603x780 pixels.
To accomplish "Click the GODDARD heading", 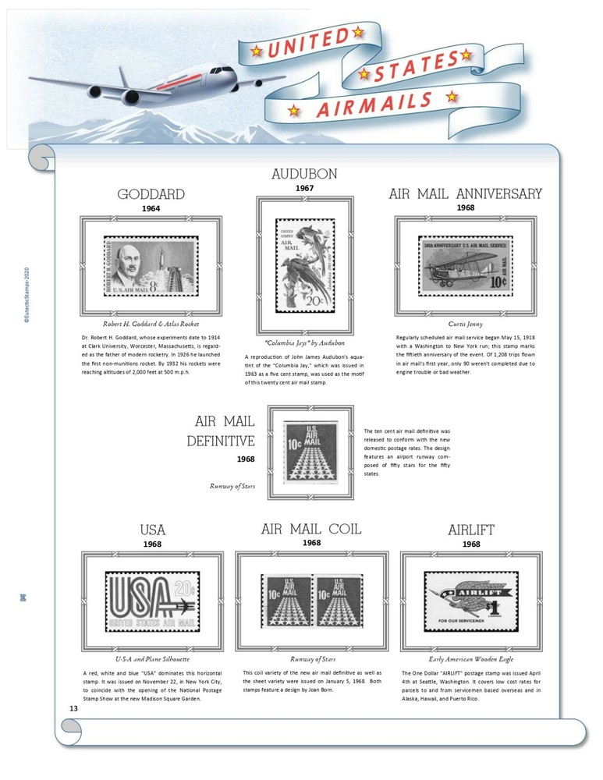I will (x=151, y=194).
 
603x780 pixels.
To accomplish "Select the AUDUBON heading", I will (x=305, y=174).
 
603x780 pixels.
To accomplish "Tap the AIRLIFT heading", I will (x=471, y=530).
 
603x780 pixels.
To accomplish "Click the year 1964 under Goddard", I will (x=151, y=208).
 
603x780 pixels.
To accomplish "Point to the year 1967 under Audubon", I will (x=305, y=188).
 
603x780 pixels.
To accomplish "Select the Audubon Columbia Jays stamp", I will (x=305, y=264).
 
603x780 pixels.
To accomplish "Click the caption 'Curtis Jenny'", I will (x=465, y=323).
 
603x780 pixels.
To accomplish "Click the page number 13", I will (x=73, y=708).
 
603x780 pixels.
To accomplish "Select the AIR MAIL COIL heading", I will (x=311, y=529).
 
